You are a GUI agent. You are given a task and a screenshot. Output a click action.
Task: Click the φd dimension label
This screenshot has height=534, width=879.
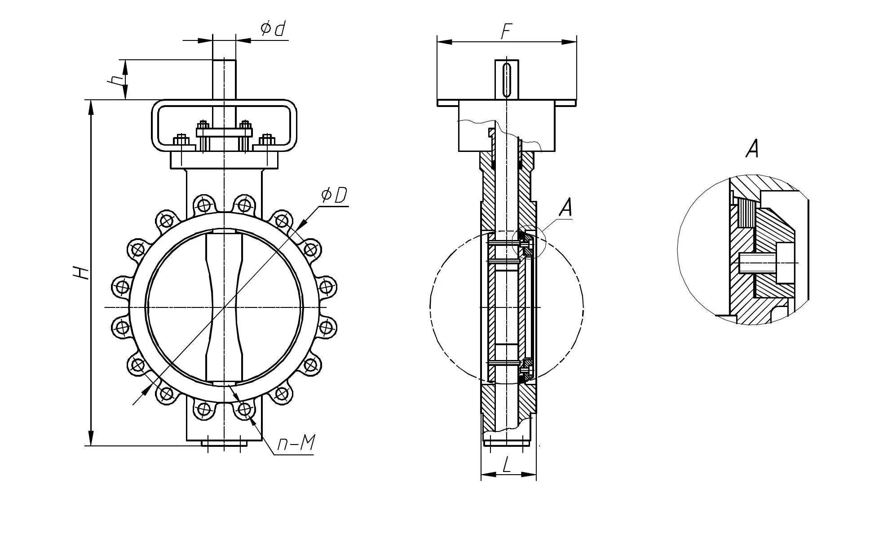(273, 29)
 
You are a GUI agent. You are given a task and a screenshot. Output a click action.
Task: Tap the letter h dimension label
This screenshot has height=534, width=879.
(116, 80)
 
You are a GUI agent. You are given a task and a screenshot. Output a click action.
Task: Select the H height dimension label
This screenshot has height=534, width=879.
(81, 273)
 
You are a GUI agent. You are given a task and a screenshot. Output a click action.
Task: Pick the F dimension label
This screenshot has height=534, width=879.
(506, 31)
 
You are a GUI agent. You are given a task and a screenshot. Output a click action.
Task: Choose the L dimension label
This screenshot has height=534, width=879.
(507, 465)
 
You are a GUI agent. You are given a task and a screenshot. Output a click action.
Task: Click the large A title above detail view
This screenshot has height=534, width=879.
(752, 148)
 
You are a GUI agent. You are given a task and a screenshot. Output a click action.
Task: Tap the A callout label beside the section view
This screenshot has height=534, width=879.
(565, 208)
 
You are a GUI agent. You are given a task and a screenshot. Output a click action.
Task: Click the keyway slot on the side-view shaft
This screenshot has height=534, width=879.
(507, 80)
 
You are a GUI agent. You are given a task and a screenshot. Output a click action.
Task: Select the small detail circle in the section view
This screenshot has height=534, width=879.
(528, 242)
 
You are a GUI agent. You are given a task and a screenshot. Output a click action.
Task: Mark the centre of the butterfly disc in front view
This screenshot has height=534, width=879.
(224, 307)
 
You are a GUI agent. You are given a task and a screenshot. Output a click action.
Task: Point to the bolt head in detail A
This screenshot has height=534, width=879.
(785, 263)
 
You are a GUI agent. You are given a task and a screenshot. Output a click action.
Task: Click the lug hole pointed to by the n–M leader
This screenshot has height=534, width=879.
(244, 409)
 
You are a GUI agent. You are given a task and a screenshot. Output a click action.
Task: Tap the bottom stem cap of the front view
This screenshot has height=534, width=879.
(224, 444)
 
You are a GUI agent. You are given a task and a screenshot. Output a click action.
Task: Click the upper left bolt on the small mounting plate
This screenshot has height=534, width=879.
(203, 125)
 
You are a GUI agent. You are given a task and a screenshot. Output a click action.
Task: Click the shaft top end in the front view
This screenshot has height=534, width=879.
(224, 61)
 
